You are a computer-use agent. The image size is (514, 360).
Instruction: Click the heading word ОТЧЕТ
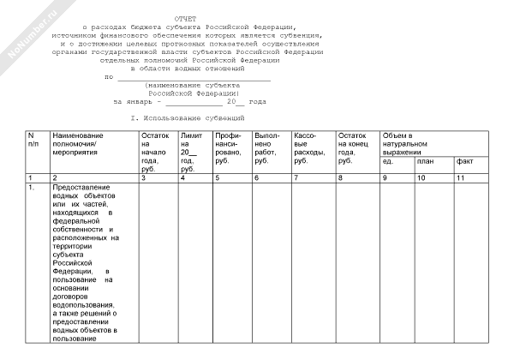point(184,18)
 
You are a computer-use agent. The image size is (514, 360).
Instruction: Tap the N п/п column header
point(32,140)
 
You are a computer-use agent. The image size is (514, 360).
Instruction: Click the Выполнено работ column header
point(268,147)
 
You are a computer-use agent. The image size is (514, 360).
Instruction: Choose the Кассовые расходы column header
point(309,147)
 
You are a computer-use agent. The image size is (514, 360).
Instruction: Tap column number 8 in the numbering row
point(341,177)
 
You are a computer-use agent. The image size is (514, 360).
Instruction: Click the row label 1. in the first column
point(32,187)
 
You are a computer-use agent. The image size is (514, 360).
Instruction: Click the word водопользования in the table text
point(82,304)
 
